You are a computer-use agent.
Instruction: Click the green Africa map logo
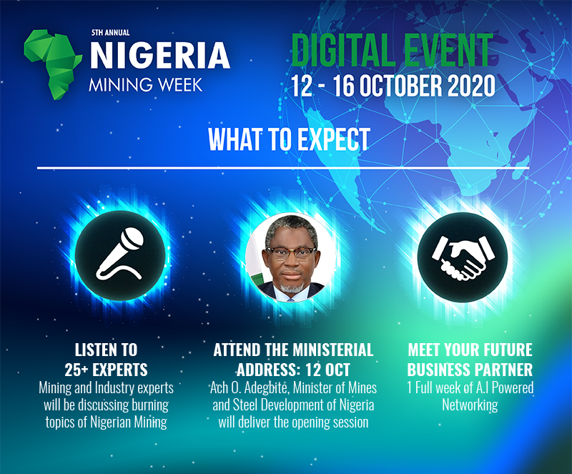click(52, 64)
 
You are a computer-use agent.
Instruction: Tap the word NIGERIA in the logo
click(160, 56)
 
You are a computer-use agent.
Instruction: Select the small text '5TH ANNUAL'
click(110, 32)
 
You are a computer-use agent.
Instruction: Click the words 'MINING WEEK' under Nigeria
click(145, 84)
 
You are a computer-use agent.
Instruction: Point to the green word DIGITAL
click(342, 50)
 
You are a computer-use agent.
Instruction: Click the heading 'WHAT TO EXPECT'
click(290, 139)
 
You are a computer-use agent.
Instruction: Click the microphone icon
click(120, 254)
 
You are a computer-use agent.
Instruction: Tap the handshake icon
click(463, 257)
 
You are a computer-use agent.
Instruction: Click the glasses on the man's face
click(291, 253)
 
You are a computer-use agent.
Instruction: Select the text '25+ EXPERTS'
click(106, 370)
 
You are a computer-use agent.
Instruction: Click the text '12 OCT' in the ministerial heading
click(327, 370)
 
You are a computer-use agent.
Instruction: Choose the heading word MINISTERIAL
click(333, 350)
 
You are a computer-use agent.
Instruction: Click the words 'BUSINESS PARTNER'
click(470, 370)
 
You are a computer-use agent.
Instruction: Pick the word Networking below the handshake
click(470, 405)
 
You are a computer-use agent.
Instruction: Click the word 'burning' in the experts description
click(150, 405)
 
